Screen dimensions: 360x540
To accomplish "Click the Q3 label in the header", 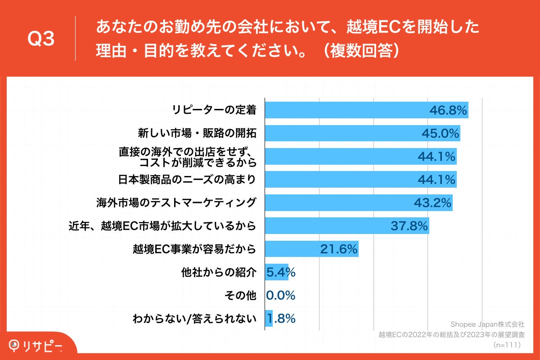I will [41, 40].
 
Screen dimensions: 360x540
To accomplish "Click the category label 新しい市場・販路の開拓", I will [197, 133].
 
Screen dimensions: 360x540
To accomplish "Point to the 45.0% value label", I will [440, 134].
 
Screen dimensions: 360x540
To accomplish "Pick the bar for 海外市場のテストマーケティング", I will [337, 203].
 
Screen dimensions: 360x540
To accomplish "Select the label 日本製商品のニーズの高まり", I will [187, 180].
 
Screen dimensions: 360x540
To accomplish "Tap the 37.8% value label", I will [409, 226].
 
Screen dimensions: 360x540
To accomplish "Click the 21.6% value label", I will [338, 249].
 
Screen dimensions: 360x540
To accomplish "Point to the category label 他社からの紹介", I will [218, 272].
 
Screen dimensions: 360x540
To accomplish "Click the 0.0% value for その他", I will [281, 296].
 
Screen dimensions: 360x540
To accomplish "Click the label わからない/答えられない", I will [194, 319].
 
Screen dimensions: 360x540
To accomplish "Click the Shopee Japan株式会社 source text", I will [487, 324].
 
